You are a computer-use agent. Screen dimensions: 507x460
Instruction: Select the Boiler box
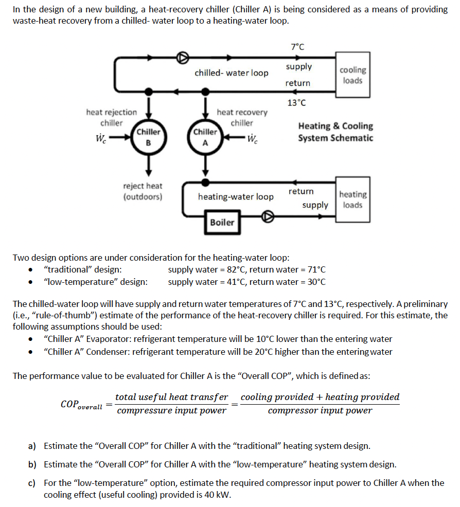pyautogui.click(x=222, y=222)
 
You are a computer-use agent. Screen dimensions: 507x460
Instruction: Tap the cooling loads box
pyautogui.click(x=352, y=75)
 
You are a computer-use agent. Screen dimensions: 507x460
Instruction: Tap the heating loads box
pyautogui.click(x=352, y=200)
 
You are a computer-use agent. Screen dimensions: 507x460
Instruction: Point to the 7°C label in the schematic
pyautogui.click(x=297, y=47)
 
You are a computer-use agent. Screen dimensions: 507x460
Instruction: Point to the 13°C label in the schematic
pyautogui.click(x=296, y=102)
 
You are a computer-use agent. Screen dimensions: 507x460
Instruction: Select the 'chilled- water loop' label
pyautogui.click(x=231, y=73)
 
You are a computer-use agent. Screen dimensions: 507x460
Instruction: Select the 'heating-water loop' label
pyautogui.click(x=236, y=196)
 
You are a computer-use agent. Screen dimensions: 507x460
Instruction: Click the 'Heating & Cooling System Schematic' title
pyautogui.click(x=335, y=132)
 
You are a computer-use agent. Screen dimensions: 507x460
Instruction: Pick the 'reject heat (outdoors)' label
pyautogui.click(x=143, y=191)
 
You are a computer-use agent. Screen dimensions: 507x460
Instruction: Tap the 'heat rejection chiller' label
pyautogui.click(x=112, y=117)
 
